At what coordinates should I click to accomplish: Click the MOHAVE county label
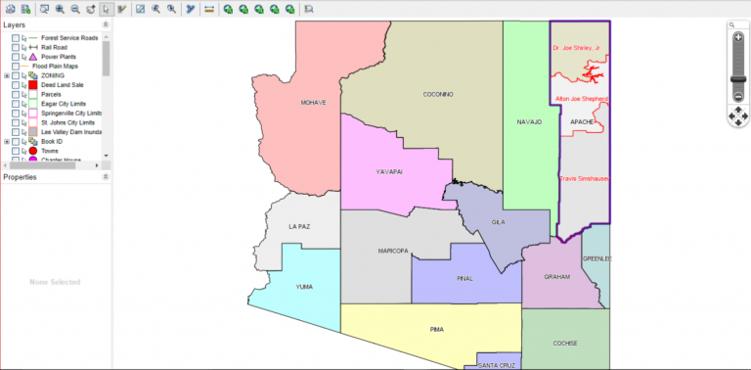pyautogui.click(x=313, y=102)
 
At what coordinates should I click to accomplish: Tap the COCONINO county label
pyautogui.click(x=438, y=94)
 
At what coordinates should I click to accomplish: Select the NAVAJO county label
pyautogui.click(x=529, y=122)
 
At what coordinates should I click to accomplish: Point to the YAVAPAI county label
pyautogui.click(x=389, y=171)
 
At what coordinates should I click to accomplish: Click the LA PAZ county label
pyautogui.click(x=299, y=226)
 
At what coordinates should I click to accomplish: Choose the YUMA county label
pyautogui.click(x=305, y=287)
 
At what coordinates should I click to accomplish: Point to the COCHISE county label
pyautogui.click(x=565, y=343)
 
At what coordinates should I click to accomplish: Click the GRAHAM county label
pyautogui.click(x=556, y=277)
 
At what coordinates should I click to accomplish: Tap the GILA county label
pyautogui.click(x=499, y=223)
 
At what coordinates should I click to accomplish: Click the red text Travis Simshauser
pyautogui.click(x=584, y=179)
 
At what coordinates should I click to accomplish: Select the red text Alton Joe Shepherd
pyautogui.click(x=582, y=99)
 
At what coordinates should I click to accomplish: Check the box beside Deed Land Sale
pyautogui.click(x=16, y=85)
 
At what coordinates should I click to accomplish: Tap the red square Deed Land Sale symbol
pyautogui.click(x=32, y=85)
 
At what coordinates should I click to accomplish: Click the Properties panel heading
pyautogui.click(x=21, y=177)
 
